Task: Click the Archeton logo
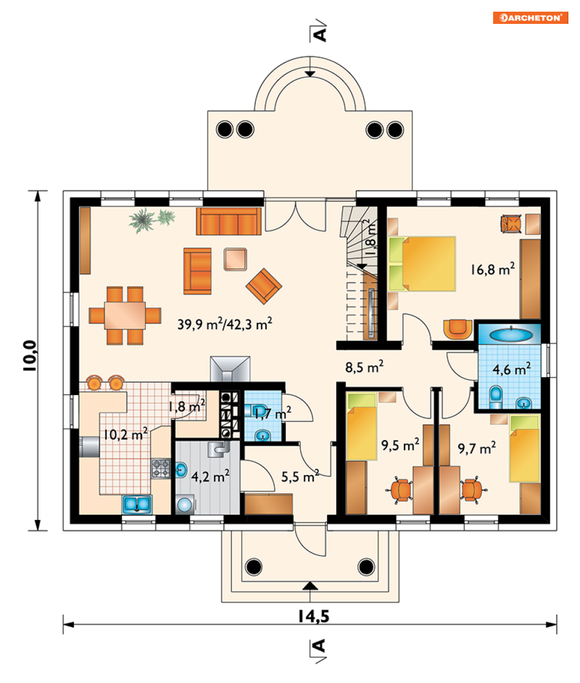[530, 17]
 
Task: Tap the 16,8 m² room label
[493, 269]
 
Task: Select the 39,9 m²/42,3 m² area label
[225, 323]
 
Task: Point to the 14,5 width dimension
[314, 616]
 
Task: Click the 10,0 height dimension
[30, 355]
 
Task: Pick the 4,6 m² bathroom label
[512, 369]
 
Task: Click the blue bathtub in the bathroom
[511, 335]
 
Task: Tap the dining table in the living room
[125, 315]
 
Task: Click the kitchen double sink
[137, 505]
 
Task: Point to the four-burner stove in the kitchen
[160, 469]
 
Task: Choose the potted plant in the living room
[151, 220]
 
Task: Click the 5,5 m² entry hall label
[300, 476]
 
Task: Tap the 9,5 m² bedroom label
[400, 445]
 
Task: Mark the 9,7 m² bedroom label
[477, 448]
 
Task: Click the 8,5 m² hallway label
[364, 367]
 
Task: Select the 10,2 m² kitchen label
[125, 434]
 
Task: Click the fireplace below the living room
[230, 369]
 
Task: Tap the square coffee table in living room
[235, 259]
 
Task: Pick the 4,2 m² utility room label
[210, 476]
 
